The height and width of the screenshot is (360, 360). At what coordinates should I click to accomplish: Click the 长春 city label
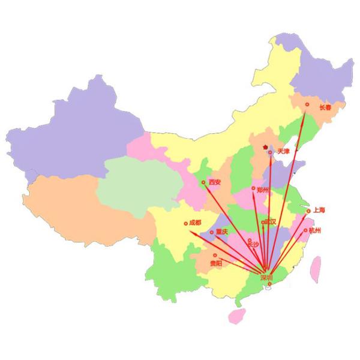(x=325, y=108)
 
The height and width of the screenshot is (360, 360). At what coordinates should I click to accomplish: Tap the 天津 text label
(x=283, y=152)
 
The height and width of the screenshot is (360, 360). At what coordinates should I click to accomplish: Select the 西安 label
(x=215, y=182)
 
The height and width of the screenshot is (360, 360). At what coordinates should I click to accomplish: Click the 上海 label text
(x=319, y=210)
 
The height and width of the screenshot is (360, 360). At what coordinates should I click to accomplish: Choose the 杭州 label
(x=316, y=230)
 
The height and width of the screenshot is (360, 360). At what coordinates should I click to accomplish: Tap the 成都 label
(x=195, y=223)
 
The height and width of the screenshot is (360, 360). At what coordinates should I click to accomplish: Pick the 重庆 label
(x=221, y=232)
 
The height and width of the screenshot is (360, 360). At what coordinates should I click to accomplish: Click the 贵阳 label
(x=215, y=263)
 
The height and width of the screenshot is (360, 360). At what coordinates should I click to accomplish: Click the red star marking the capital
(x=264, y=146)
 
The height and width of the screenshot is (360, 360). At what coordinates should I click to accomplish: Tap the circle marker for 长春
(x=307, y=104)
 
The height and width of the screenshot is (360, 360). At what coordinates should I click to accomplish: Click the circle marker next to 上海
(x=308, y=211)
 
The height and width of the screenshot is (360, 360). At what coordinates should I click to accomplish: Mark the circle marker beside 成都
(x=186, y=223)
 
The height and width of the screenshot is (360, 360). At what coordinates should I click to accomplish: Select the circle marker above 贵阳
(x=215, y=255)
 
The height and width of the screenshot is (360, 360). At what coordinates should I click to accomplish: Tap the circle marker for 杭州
(x=305, y=230)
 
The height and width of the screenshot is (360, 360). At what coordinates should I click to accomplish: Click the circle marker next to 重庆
(x=211, y=232)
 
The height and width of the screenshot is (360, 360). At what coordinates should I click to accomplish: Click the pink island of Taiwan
(x=314, y=270)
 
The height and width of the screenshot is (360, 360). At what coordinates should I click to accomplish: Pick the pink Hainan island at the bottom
(x=238, y=316)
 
